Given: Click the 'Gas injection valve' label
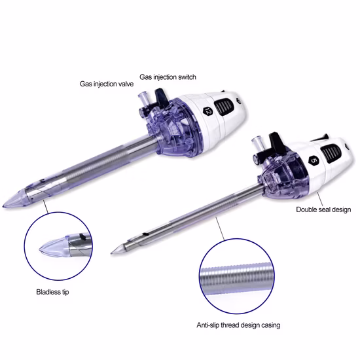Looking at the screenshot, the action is point(107,84).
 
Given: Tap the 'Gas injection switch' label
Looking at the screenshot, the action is point(168,77).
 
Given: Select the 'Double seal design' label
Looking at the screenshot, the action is point(323,209).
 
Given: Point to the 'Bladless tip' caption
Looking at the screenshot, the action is point(52,292).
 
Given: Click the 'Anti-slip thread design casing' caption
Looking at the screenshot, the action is point(238,325).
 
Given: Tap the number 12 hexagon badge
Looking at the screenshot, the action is point(207,111).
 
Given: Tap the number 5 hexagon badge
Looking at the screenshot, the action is point(314,161).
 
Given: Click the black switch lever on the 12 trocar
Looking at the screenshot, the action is point(161,98).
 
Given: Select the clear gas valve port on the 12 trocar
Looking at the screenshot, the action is point(143,99).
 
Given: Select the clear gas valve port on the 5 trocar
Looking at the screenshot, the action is point(258,143).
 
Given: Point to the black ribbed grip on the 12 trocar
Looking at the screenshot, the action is point(225,107).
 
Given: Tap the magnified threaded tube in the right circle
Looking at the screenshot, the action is point(237,278).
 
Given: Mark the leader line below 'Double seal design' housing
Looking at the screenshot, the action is point(320,199).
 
